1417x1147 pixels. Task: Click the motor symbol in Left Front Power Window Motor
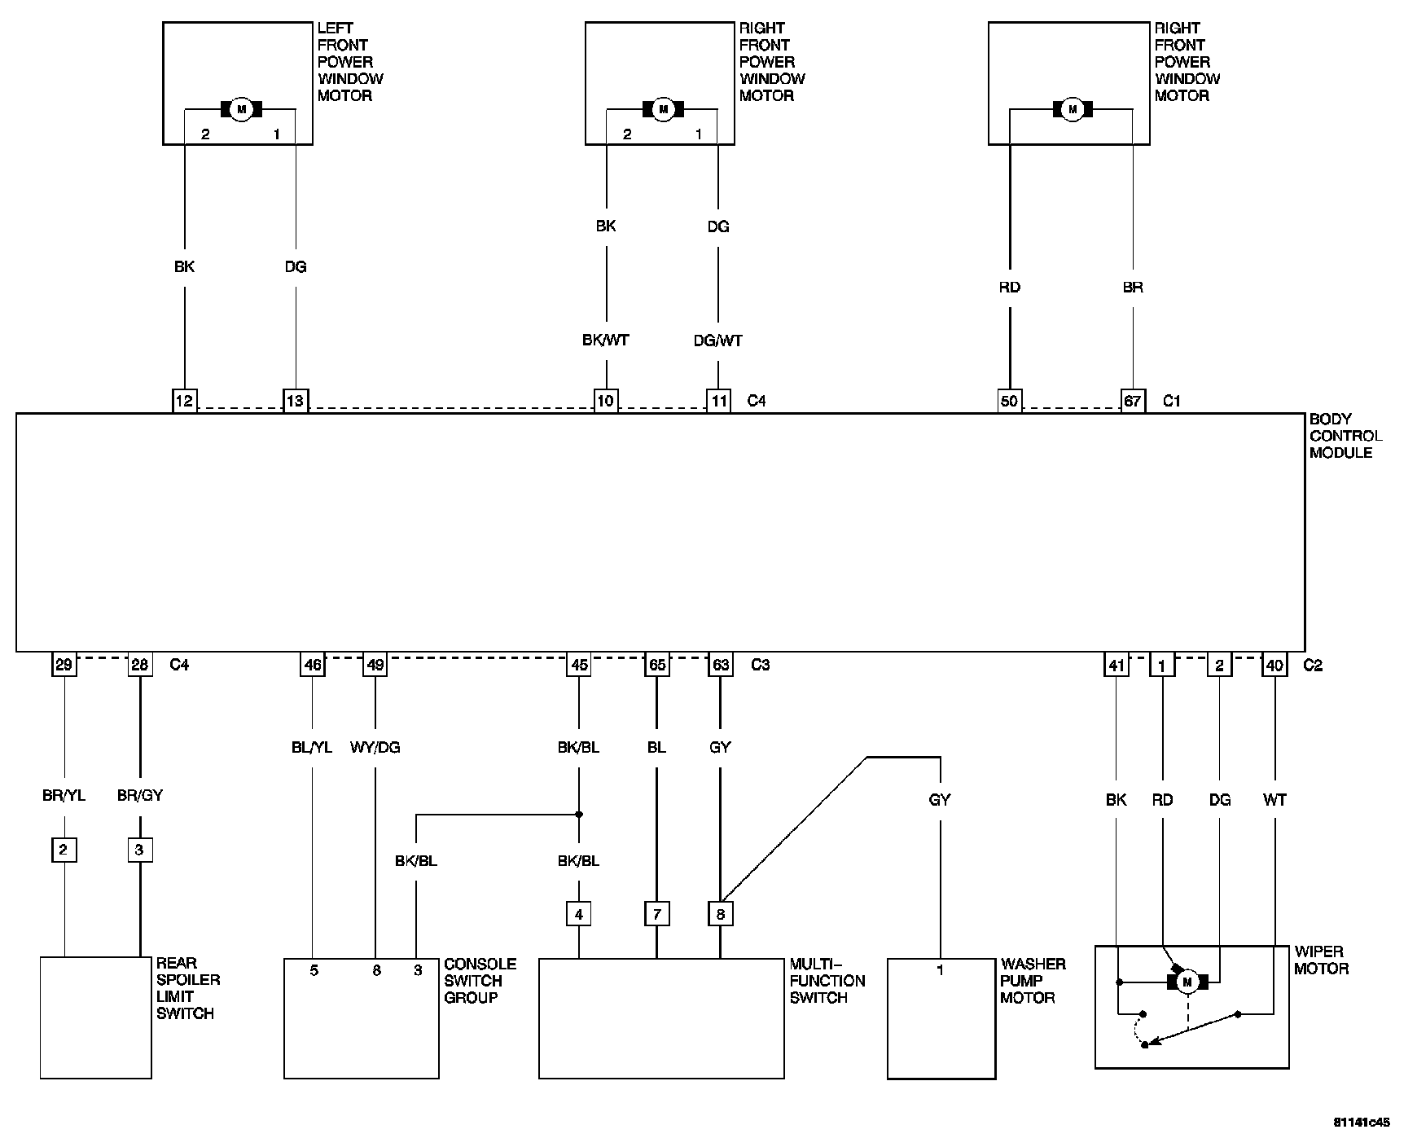click(x=240, y=109)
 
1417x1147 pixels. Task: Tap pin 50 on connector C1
click(x=1009, y=400)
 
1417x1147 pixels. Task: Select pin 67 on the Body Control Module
click(x=1133, y=400)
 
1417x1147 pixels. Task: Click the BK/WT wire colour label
click(x=606, y=341)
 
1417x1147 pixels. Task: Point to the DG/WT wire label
click(x=718, y=341)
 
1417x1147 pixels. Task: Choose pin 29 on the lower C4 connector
click(x=64, y=665)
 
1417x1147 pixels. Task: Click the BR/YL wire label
click(x=64, y=795)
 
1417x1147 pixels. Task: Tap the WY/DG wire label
click(x=375, y=747)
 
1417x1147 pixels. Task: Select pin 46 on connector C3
click(x=313, y=665)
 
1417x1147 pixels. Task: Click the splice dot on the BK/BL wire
click(x=579, y=814)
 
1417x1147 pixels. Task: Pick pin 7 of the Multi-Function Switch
click(x=656, y=914)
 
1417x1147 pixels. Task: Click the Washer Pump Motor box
click(x=941, y=1018)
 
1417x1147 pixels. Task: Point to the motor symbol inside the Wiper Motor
click(x=1187, y=982)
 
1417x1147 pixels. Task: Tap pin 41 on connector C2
click(x=1116, y=665)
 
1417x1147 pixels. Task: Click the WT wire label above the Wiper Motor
click(x=1274, y=800)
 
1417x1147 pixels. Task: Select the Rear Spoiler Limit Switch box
click(x=96, y=1017)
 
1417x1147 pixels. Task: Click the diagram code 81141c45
click(x=1362, y=1122)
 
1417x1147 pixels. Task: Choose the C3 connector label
click(x=760, y=665)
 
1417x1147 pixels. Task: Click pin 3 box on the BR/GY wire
click(x=140, y=850)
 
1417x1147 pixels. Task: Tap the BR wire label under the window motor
click(x=1133, y=287)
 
